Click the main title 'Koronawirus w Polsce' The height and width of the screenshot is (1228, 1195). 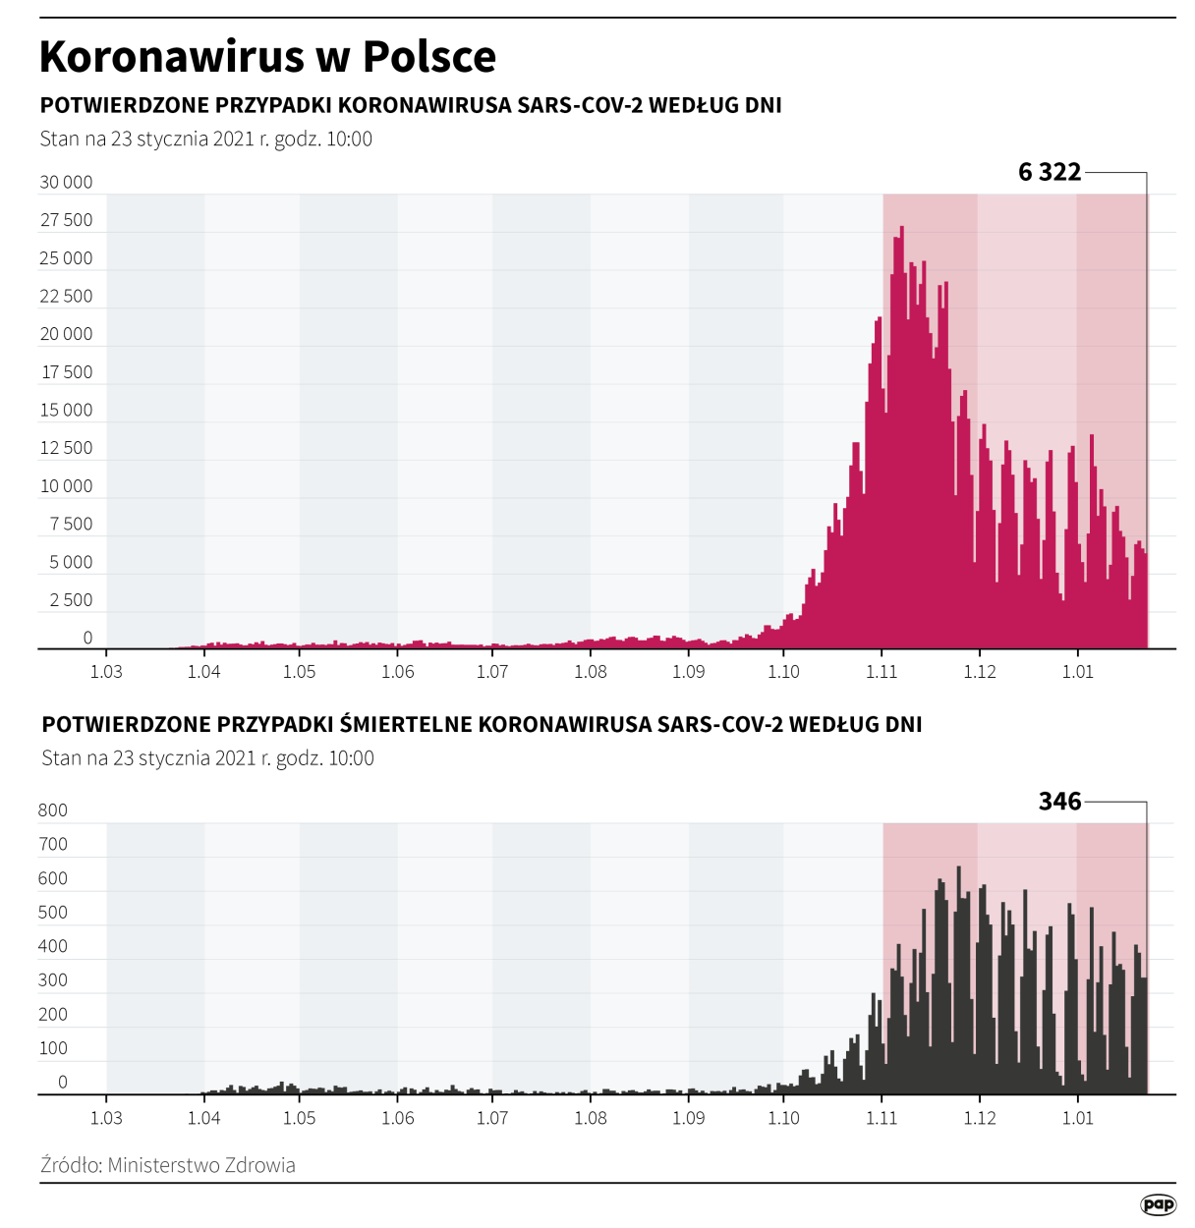(267, 57)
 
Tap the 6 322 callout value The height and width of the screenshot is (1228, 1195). (1049, 173)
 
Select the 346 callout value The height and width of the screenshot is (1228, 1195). (1059, 802)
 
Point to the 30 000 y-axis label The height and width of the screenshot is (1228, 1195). (66, 182)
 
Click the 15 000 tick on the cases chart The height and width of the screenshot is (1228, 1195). (66, 410)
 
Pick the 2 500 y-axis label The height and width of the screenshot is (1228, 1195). (71, 600)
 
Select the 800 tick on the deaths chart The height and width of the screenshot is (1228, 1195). (53, 810)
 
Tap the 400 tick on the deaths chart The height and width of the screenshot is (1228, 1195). (53, 946)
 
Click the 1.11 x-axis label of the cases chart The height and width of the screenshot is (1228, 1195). (882, 672)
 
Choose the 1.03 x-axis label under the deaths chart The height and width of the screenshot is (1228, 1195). (106, 1118)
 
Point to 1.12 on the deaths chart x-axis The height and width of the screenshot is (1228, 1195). (979, 1118)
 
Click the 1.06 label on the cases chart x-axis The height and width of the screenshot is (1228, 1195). (398, 672)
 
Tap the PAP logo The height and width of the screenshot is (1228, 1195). (1158, 1204)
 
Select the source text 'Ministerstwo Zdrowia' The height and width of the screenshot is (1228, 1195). (201, 1165)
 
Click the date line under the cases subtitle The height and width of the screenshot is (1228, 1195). (206, 140)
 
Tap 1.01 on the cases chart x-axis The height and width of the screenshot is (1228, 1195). (1077, 672)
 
